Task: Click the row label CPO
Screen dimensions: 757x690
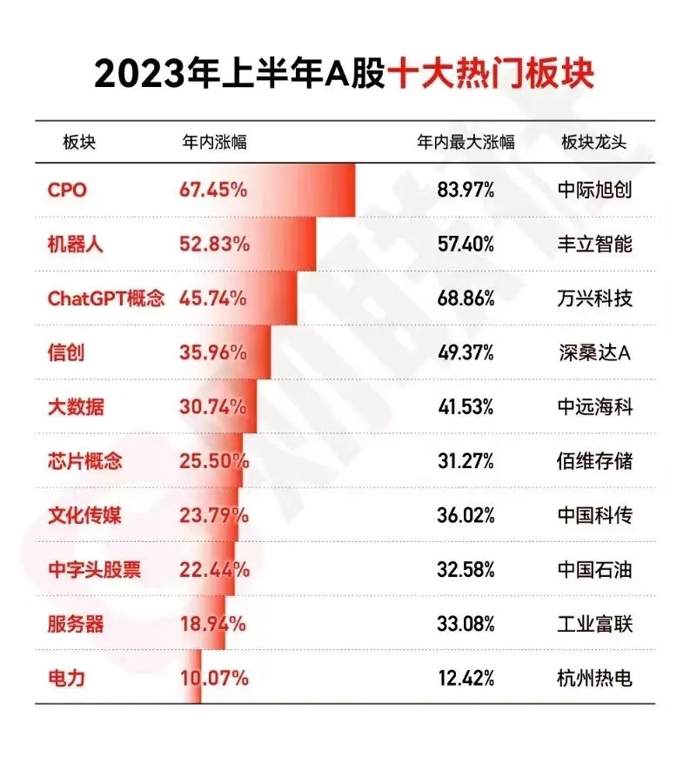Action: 67,190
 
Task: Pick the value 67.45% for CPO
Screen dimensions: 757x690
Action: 213,190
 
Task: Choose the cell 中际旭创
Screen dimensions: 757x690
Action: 594,190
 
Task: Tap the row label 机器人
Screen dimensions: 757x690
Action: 75,244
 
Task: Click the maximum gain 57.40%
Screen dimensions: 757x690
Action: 466,244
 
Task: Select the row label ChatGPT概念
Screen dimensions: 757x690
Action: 105,298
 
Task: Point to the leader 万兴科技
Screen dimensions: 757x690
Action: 594,298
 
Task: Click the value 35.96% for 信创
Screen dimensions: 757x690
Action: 213,352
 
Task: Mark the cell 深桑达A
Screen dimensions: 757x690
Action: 594,352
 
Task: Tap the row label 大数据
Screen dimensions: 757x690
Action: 75,406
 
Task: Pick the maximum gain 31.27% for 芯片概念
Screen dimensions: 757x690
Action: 466,460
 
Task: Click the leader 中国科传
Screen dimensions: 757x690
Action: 594,515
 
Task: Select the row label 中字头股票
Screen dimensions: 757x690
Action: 94,570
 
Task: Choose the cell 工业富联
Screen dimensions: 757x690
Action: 594,624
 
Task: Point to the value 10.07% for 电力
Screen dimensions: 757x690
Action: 213,678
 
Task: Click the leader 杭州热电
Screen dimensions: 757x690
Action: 594,678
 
